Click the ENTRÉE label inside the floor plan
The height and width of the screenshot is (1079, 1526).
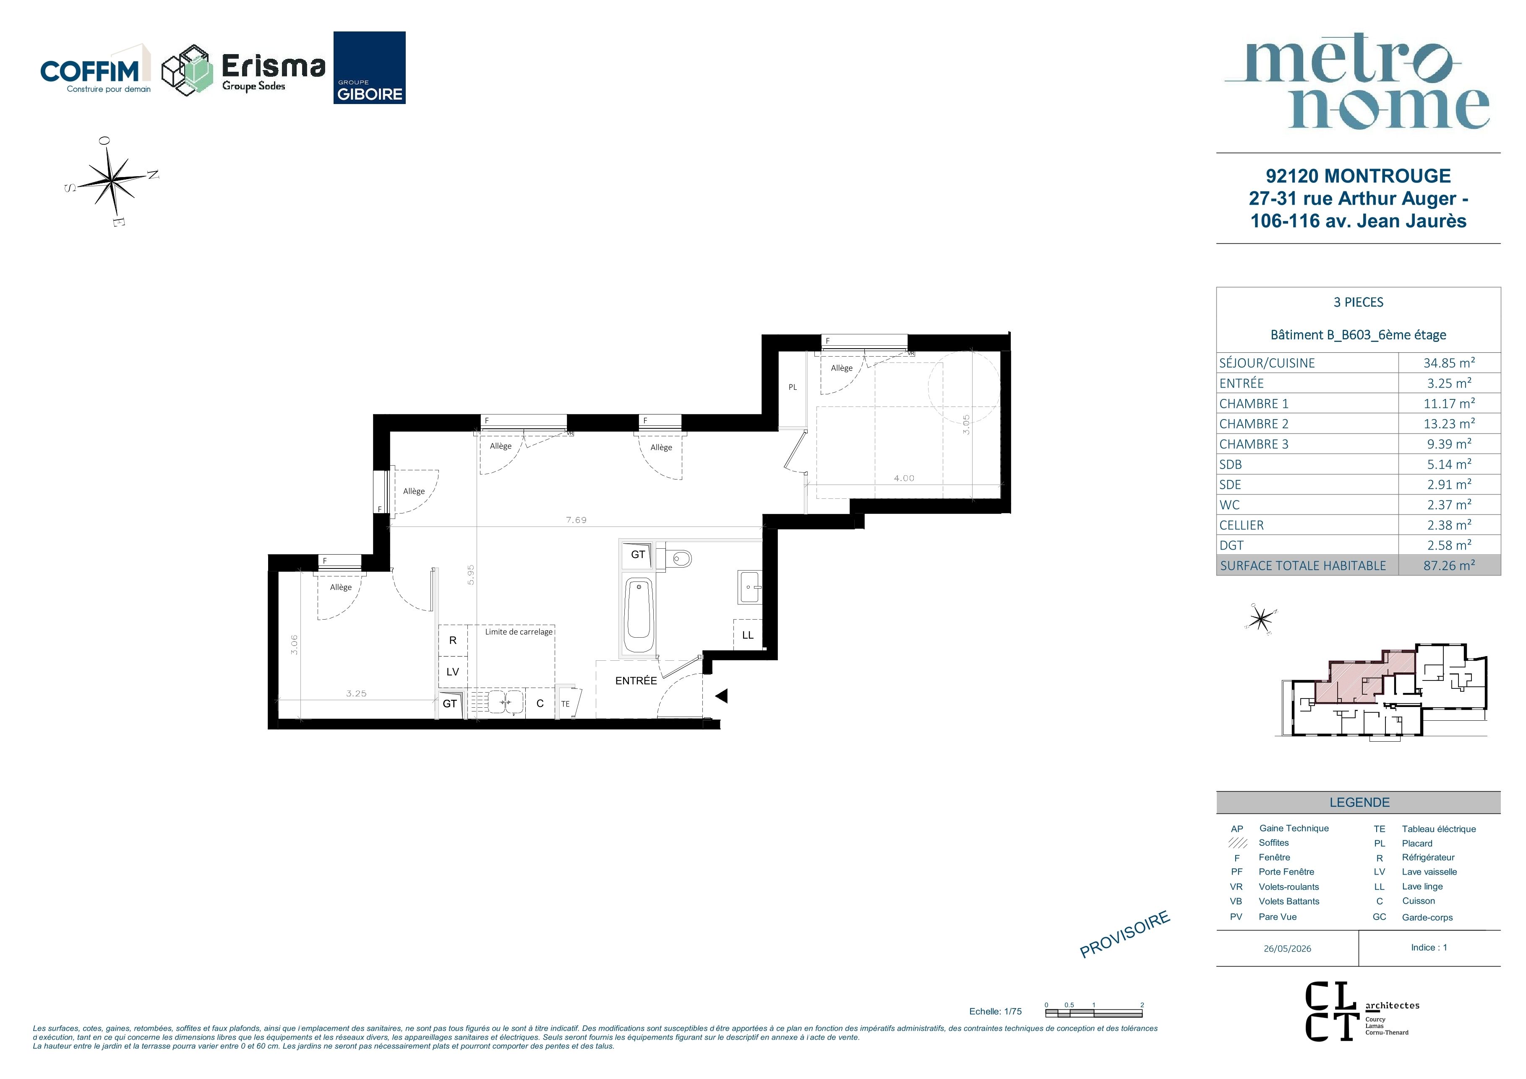coord(636,680)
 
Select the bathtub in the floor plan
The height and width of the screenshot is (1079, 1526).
coord(639,615)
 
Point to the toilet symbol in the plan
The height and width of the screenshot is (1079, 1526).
coord(675,558)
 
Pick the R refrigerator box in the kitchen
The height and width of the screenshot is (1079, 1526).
coord(453,641)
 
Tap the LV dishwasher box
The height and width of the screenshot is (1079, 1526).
coord(453,672)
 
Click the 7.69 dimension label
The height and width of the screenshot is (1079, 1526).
coord(576,520)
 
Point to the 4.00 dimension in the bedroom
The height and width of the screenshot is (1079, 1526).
coord(904,478)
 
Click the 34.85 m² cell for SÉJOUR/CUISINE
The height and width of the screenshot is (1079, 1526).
coord(1449,363)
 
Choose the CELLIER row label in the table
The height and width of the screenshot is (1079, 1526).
coord(1242,525)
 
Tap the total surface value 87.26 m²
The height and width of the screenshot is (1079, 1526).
coord(1449,566)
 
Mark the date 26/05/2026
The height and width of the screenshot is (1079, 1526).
coord(1287,949)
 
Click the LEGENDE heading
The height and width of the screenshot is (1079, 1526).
coord(1359,802)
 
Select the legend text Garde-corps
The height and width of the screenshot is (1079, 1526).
coord(1427,917)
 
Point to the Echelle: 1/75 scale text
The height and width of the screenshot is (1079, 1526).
coord(995,1011)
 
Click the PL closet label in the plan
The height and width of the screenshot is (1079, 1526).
coord(792,387)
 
